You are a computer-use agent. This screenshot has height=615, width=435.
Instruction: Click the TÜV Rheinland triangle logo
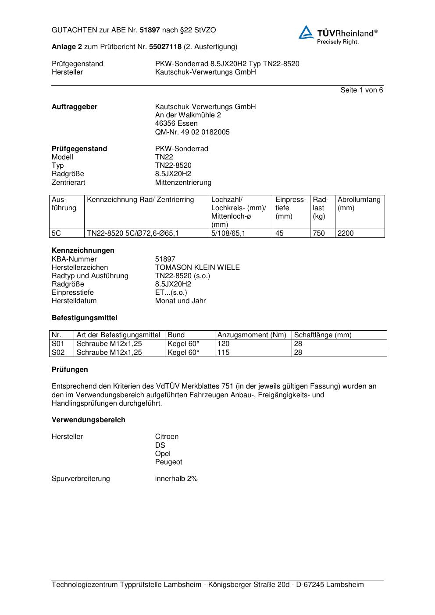[x=306, y=32]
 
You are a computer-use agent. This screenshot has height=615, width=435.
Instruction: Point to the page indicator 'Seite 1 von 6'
[x=361, y=90]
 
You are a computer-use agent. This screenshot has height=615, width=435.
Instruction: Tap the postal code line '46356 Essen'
[x=176, y=124]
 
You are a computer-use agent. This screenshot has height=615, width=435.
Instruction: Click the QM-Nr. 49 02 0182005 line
[x=192, y=132]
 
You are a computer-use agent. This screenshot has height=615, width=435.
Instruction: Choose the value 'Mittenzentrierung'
[x=183, y=182]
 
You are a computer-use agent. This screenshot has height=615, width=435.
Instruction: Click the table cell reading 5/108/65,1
[x=228, y=233]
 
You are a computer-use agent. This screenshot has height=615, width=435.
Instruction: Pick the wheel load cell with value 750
[x=318, y=233]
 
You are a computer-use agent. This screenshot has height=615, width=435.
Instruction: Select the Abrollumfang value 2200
[x=346, y=233]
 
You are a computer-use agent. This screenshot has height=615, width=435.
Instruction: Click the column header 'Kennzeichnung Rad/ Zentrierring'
[x=140, y=200]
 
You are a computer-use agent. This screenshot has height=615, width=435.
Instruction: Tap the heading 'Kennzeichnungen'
[x=83, y=251]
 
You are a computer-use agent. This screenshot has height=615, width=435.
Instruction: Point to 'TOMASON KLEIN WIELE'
[x=197, y=267]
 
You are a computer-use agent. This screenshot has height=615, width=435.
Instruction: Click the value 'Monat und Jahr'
[x=180, y=301]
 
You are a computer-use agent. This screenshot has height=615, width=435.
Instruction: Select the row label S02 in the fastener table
[x=58, y=352]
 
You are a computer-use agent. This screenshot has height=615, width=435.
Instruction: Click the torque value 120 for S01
[x=223, y=344]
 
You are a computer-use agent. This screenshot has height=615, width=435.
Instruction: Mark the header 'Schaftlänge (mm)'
[x=322, y=335]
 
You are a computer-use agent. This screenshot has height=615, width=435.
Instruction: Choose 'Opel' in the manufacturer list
[x=163, y=453]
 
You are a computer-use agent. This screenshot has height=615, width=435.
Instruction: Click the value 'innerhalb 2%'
[x=176, y=479]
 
